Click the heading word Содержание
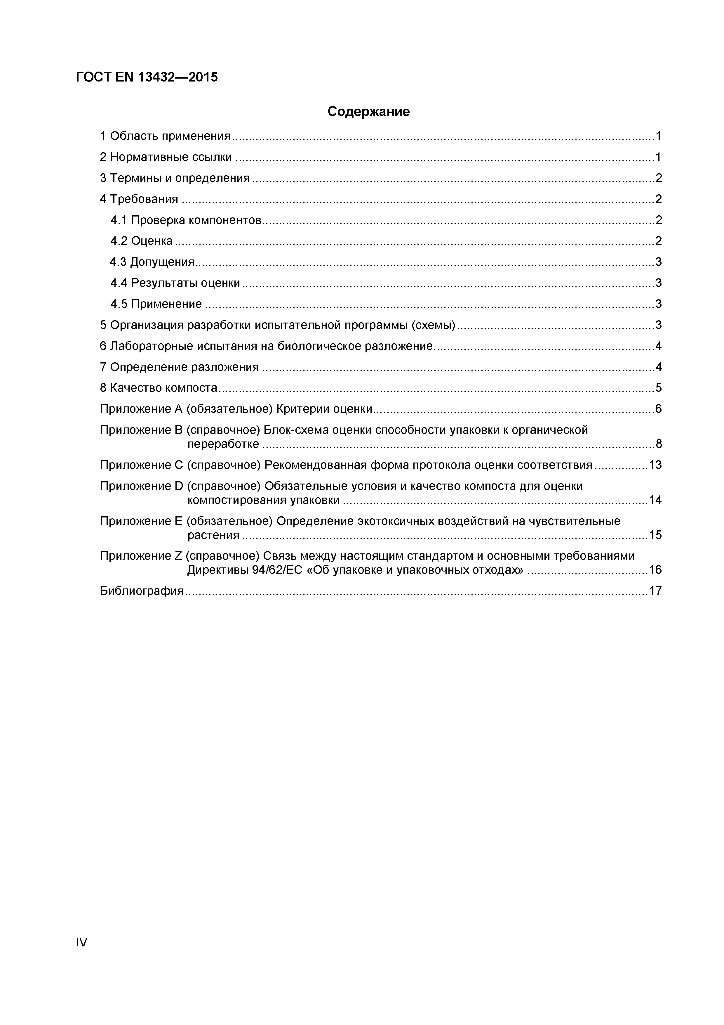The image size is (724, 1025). click(x=368, y=112)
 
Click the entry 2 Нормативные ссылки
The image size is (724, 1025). click(x=166, y=157)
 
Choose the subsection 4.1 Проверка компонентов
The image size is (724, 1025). click(x=186, y=220)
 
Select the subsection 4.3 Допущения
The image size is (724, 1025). click(x=152, y=262)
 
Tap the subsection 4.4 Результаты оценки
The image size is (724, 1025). click(x=175, y=283)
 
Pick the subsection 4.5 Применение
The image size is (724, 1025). click(x=156, y=304)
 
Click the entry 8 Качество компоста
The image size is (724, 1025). click(x=158, y=388)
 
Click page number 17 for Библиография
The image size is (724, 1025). click(x=655, y=591)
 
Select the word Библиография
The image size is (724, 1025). click(x=141, y=591)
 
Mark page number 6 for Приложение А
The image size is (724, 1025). click(x=658, y=409)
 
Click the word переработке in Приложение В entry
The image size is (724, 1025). click(x=223, y=444)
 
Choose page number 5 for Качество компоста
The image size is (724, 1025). click(x=658, y=388)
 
